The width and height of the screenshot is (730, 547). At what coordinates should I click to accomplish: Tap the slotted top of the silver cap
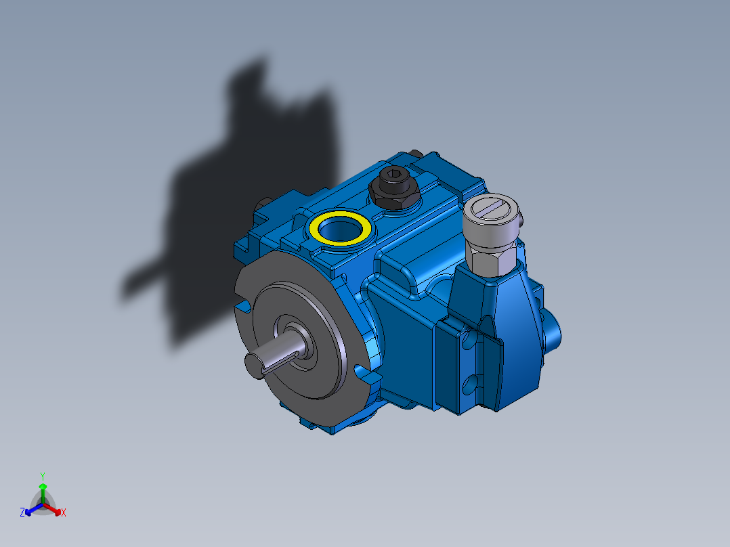[493, 209]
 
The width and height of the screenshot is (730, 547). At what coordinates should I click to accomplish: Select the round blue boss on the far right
[553, 328]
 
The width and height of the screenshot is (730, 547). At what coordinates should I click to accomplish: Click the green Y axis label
[42, 476]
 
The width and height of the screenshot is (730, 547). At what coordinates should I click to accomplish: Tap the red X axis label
[64, 513]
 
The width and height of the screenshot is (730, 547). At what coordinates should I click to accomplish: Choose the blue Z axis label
[22, 513]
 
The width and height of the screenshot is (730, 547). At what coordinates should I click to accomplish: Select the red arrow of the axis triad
[56, 510]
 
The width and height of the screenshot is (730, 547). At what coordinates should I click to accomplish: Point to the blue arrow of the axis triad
[30, 510]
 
